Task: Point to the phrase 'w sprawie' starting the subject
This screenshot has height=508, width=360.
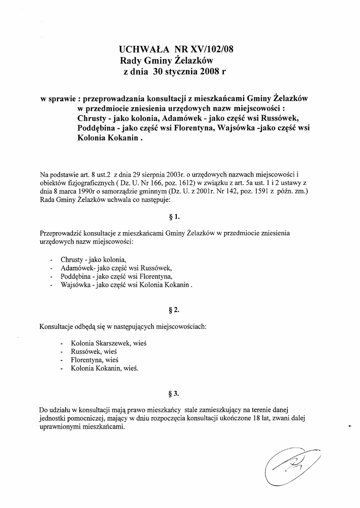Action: [x=58, y=98]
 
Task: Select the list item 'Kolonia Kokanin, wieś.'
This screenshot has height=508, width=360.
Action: [x=105, y=369]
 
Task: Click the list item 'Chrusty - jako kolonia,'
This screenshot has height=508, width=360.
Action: [x=93, y=259]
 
